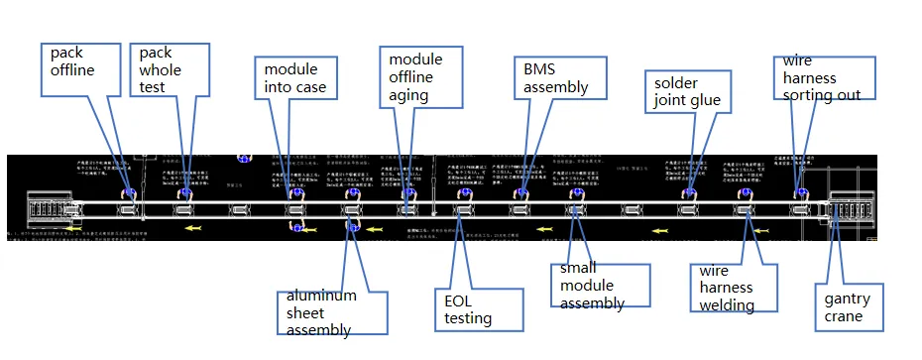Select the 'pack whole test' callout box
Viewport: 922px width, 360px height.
point(170,69)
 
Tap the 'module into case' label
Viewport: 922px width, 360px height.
point(294,79)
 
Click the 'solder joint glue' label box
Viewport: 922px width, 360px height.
point(687,90)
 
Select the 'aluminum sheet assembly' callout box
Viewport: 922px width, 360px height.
point(325,312)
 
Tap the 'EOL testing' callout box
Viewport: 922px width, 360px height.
point(478,307)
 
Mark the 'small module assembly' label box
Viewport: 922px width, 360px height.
point(599,286)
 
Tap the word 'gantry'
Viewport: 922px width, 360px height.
point(847,299)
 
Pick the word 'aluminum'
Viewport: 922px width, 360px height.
point(321,296)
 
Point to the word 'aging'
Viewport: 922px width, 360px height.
point(408,95)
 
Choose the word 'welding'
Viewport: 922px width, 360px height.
point(727,304)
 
